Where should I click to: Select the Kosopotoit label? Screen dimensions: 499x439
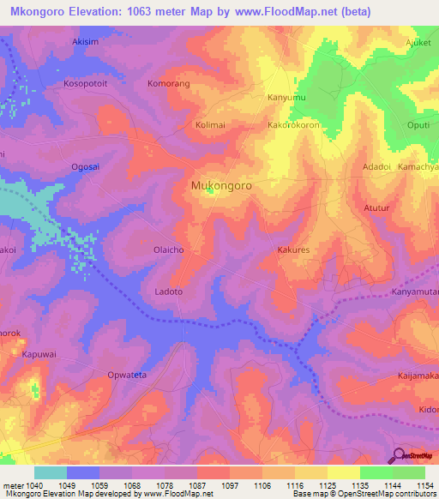pos(87,84)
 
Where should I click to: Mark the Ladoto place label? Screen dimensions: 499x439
pos(168,292)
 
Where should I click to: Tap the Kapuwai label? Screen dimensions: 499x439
pos(39,353)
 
